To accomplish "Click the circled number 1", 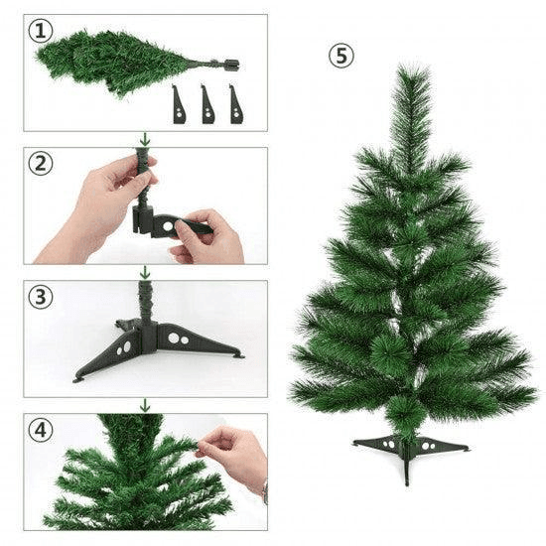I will [42, 31].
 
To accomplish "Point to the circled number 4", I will [42, 430].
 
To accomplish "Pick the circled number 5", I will [341, 56].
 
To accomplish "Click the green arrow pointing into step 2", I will [145, 139].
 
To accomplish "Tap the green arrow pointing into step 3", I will [145, 272].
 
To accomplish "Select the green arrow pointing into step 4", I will [145, 405].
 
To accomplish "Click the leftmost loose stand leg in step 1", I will [179, 104].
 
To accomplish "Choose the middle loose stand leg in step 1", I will [207, 104].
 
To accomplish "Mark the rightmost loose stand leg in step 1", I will [235, 104].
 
